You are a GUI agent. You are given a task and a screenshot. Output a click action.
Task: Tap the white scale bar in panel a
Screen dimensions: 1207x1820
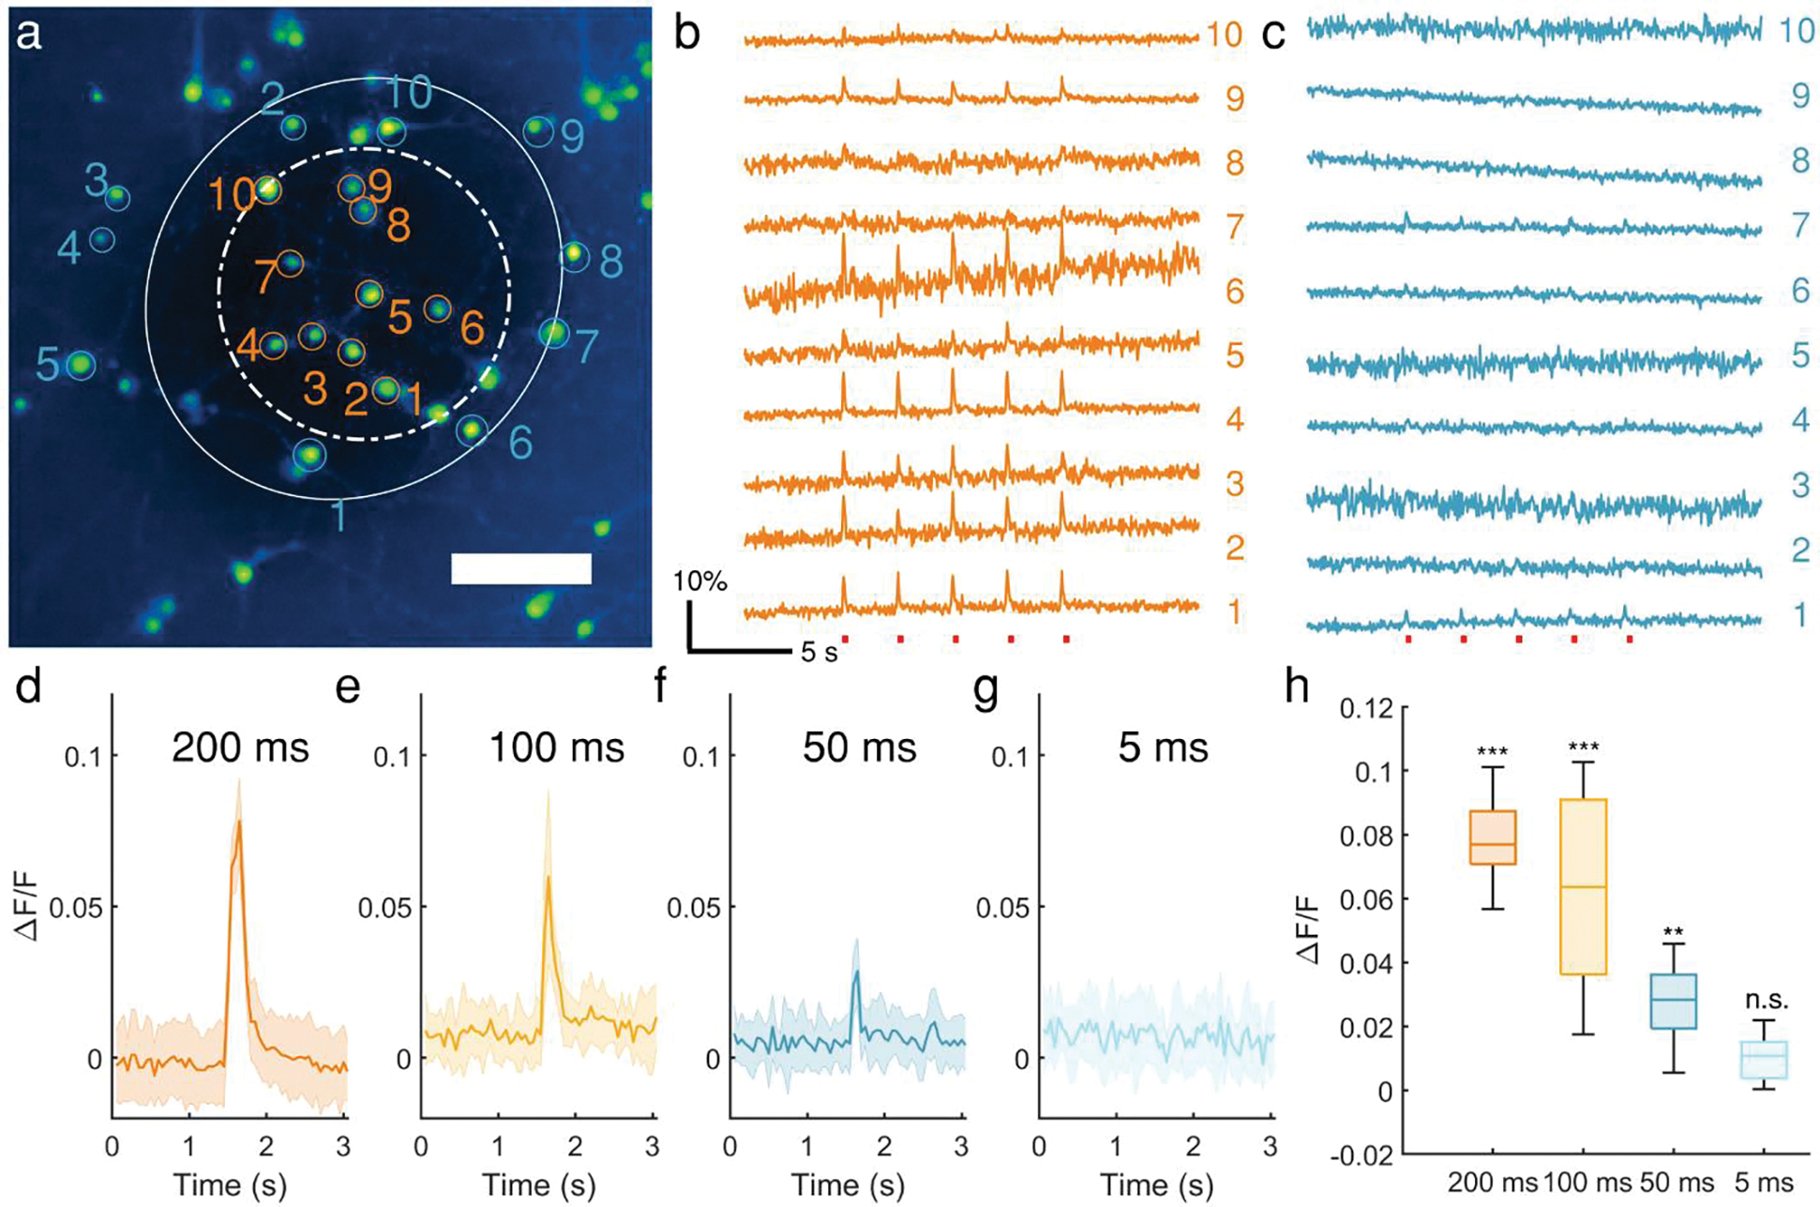pyautogui.click(x=520, y=568)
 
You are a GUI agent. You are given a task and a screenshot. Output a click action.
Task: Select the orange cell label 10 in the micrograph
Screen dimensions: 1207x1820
pyautogui.click(x=231, y=195)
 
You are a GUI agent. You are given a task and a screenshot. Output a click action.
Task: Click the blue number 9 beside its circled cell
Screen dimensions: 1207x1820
pyautogui.click(x=572, y=138)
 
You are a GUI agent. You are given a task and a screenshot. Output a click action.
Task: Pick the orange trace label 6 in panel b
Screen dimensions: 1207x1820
pyautogui.click(x=1234, y=292)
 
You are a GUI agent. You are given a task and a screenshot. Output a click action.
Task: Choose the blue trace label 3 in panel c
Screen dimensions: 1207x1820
pyautogui.click(x=1799, y=486)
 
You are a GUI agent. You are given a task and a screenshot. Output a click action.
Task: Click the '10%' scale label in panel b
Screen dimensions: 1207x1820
pyautogui.click(x=699, y=582)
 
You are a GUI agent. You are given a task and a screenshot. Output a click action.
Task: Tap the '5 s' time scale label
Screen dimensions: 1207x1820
pyautogui.click(x=819, y=653)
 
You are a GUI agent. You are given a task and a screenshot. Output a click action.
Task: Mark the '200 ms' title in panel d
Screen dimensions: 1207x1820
pyautogui.click(x=240, y=747)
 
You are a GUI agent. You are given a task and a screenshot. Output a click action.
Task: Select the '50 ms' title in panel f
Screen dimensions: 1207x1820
pyautogui.click(x=859, y=747)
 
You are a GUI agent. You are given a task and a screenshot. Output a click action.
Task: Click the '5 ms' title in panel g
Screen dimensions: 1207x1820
pyautogui.click(x=1163, y=747)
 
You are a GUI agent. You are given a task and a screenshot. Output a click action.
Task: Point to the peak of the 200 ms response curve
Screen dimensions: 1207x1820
pyautogui.click(x=240, y=822)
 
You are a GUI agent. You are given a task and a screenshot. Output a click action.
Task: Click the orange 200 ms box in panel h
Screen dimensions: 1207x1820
pyautogui.click(x=1492, y=837)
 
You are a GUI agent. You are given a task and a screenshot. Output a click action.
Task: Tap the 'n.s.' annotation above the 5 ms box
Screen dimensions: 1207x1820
pyautogui.click(x=1767, y=1000)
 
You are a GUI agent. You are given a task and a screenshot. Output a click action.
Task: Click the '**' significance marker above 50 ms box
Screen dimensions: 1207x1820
pyautogui.click(x=1674, y=932)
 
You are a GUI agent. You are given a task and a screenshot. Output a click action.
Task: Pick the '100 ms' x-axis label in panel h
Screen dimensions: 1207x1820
pyautogui.click(x=1587, y=1182)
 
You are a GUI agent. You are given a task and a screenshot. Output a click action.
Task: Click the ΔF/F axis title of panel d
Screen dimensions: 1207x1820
pyautogui.click(x=29, y=905)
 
